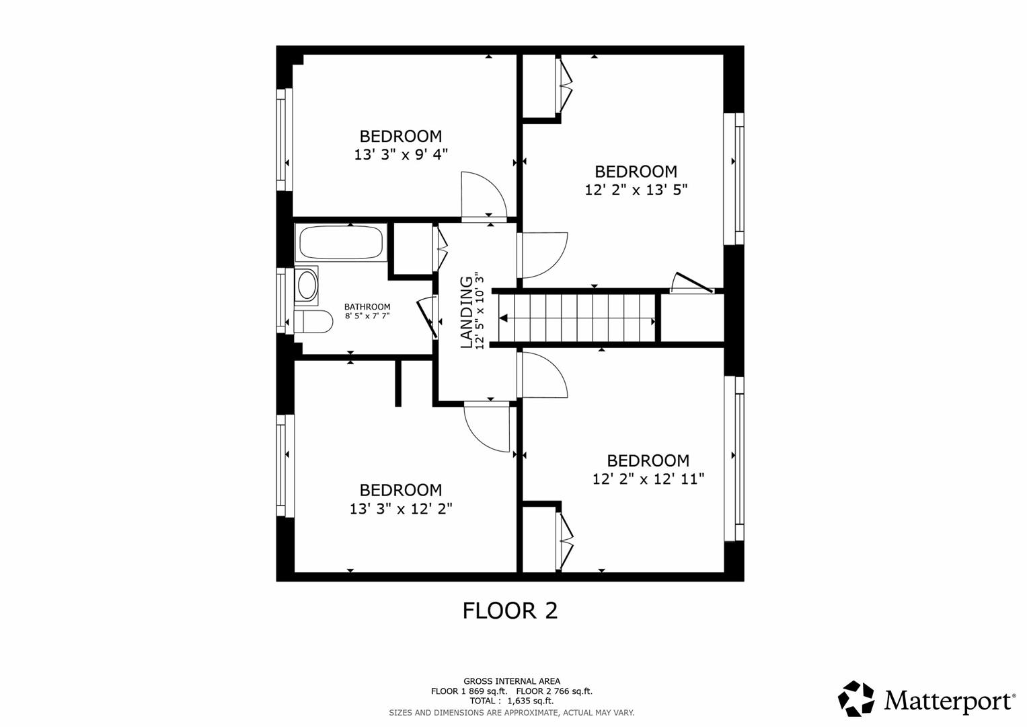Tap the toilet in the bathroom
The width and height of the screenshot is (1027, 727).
click(x=313, y=321)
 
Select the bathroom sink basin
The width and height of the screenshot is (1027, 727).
click(x=307, y=285)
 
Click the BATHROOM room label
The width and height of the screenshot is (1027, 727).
click(x=367, y=306)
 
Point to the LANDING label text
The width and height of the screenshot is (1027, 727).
click(x=466, y=312)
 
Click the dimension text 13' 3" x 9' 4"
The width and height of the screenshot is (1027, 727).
click(x=401, y=155)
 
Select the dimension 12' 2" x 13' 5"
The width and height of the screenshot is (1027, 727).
click(x=636, y=190)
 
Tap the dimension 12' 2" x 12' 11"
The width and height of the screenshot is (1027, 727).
click(x=648, y=479)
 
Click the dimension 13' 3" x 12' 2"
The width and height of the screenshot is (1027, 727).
click(x=401, y=509)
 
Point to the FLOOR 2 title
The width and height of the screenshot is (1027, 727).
click(x=510, y=611)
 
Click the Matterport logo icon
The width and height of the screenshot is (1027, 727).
click(x=856, y=699)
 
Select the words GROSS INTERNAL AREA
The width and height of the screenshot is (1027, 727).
click(x=512, y=681)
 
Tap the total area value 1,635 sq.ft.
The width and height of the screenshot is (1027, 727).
click(x=531, y=701)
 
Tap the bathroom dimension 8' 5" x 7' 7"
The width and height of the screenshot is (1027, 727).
click(x=367, y=316)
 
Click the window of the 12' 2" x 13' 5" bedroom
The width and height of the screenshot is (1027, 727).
click(x=734, y=179)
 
